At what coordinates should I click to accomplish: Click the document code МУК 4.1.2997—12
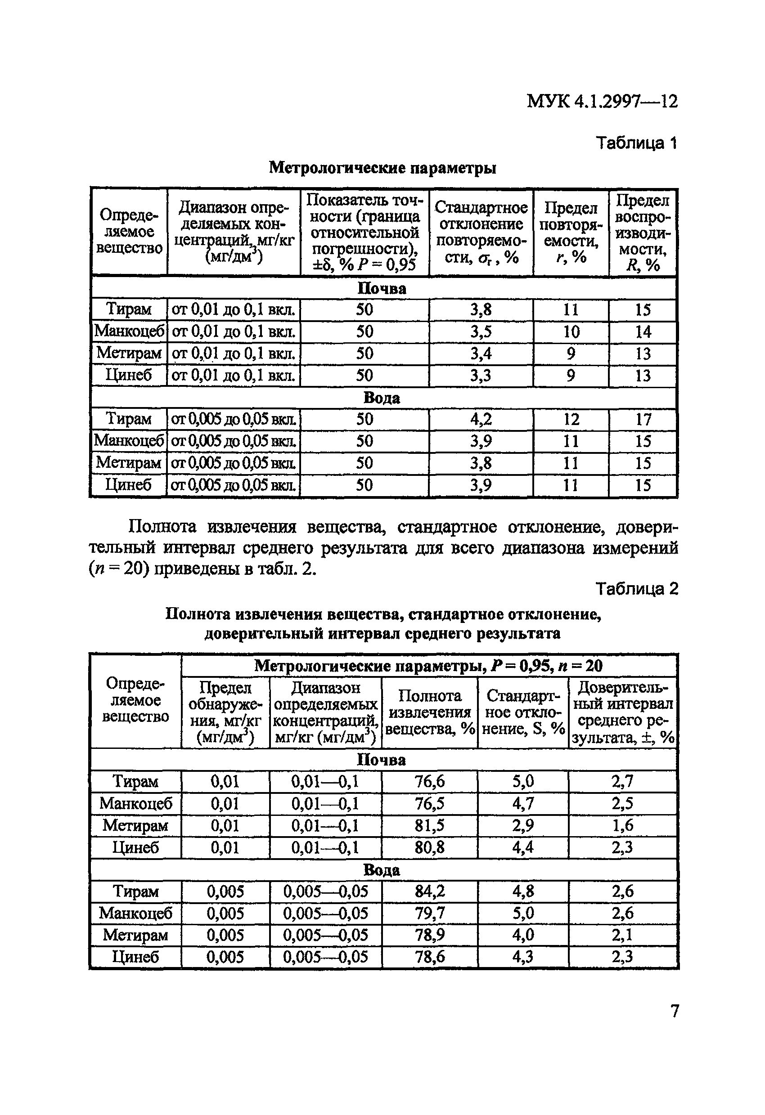pyautogui.click(x=602, y=101)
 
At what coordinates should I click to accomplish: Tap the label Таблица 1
pyautogui.click(x=636, y=143)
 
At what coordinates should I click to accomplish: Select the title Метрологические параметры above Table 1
pyautogui.click(x=382, y=168)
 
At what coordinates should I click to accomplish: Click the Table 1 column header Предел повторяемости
pyautogui.click(x=571, y=232)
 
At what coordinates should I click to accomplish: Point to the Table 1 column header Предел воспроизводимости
pyautogui.click(x=643, y=232)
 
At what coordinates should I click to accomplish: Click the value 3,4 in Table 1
pyautogui.click(x=481, y=354)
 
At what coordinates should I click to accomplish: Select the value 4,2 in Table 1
pyautogui.click(x=481, y=419)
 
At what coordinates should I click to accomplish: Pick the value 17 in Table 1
pyautogui.click(x=643, y=419)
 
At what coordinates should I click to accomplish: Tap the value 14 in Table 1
pyautogui.click(x=643, y=331)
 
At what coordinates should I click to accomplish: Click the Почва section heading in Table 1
pyautogui.click(x=382, y=288)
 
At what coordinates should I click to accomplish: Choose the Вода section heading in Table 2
pyautogui.click(x=382, y=870)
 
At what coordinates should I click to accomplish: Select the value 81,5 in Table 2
pyautogui.click(x=430, y=825)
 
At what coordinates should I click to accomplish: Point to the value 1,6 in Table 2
pyautogui.click(x=622, y=825)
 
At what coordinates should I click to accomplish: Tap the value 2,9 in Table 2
pyautogui.click(x=522, y=825)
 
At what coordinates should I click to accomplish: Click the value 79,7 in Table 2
pyautogui.click(x=430, y=913)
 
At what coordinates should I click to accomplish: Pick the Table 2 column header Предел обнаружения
pyautogui.click(x=225, y=712)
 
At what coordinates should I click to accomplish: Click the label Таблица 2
pyautogui.click(x=636, y=589)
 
